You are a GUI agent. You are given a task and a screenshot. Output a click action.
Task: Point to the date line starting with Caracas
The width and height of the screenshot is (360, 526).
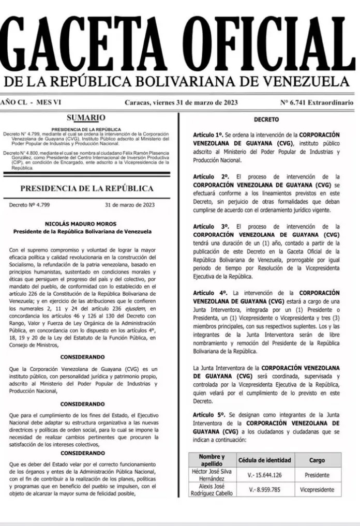(x=181, y=102)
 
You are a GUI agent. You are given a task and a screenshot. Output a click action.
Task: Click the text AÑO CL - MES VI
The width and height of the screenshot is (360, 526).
(x=31, y=102)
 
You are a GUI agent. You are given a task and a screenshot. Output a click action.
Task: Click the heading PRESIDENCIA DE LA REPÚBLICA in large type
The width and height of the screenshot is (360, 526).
(x=86, y=188)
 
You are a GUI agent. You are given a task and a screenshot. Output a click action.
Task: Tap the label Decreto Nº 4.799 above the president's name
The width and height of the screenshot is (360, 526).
(x=29, y=205)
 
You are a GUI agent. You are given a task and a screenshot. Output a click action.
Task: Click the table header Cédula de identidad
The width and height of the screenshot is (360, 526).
(x=264, y=460)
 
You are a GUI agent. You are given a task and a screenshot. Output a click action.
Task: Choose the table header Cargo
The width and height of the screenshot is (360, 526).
(x=317, y=460)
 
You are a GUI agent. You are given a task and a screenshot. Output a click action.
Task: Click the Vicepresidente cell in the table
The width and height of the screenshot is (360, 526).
(x=317, y=489)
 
